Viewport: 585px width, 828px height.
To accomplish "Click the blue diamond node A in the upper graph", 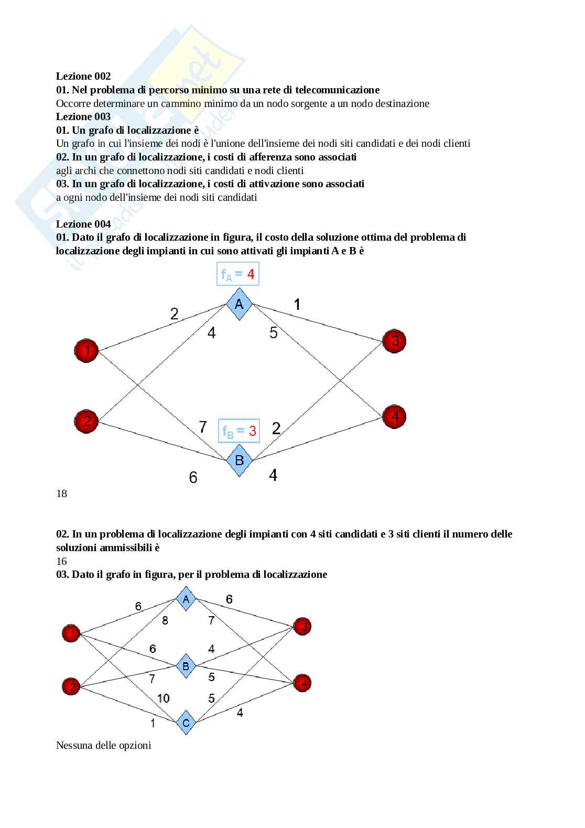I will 239,304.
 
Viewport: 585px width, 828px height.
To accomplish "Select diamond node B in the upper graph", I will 239,460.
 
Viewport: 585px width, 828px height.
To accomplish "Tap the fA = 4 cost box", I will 238,274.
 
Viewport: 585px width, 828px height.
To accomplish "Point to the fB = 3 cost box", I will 239,431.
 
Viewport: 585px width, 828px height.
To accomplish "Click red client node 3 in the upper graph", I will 395,341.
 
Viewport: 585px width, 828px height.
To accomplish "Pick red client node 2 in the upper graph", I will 86,421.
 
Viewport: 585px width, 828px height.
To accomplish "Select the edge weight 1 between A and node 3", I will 297,304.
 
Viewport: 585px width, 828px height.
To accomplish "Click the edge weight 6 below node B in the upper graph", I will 193,478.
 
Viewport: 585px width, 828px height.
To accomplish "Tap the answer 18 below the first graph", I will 62,493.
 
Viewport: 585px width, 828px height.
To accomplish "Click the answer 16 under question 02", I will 62,561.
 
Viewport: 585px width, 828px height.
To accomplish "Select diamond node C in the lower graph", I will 186,723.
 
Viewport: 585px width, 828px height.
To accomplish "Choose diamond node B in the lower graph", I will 186,666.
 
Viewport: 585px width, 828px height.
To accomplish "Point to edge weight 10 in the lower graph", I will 163,698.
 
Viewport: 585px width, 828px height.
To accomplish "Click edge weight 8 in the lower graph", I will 165,621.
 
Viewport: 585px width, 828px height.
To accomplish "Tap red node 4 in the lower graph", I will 302,683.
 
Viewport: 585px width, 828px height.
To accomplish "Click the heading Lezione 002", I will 83,77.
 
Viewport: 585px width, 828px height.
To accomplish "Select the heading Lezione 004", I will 83,224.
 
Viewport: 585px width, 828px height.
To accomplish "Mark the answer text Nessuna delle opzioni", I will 103,745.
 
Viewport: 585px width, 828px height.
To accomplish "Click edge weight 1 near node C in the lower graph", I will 153,723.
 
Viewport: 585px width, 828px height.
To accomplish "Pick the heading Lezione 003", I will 83,116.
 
